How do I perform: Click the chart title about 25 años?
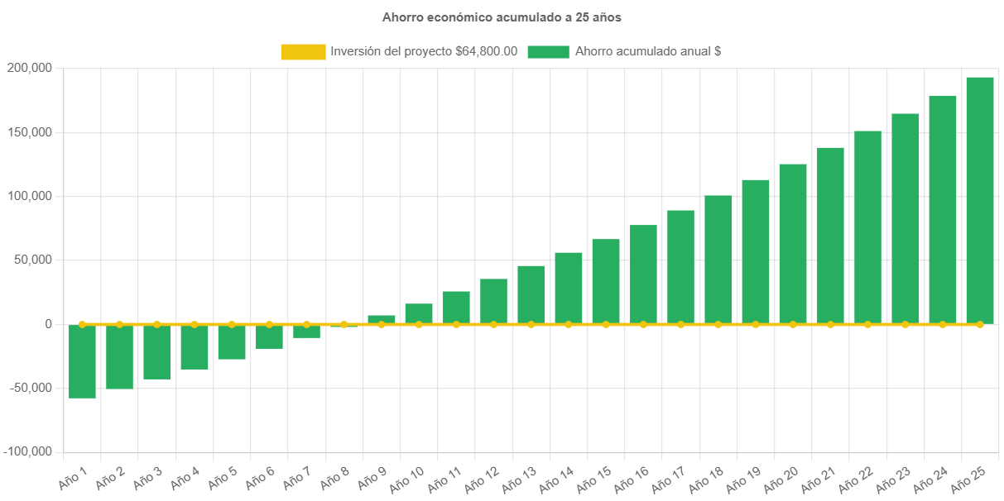502,17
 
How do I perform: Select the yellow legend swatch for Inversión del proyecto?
303,51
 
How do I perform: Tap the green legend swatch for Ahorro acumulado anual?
548,51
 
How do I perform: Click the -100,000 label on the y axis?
27,451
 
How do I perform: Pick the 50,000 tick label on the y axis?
31,260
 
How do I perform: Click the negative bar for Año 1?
82,361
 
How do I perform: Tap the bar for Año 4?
195,347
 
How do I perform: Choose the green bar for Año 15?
606,281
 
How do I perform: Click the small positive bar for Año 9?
382,319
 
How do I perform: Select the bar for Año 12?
493,301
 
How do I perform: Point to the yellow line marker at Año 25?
979,324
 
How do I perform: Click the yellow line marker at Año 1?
82,324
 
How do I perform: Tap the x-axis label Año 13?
520,477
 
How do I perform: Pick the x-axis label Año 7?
295,477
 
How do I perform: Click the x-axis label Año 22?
856,477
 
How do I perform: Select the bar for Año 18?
718,260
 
